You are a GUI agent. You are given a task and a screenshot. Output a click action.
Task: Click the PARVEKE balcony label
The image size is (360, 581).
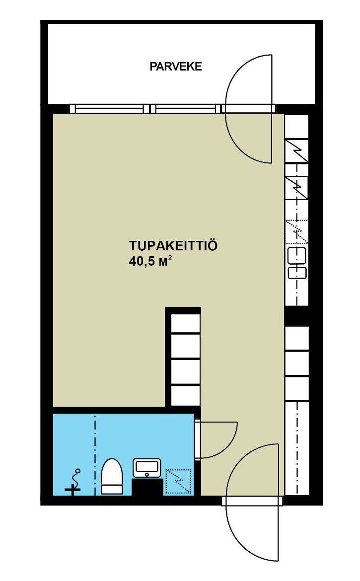point(176,67)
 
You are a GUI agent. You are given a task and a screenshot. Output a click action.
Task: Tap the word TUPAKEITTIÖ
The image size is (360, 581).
point(173,246)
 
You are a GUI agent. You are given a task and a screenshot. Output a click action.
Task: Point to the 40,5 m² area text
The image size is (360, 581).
point(150,261)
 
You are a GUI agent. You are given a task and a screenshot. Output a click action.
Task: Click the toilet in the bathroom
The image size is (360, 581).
point(112,477)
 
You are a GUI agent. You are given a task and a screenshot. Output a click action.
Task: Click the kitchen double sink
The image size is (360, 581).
point(297,263)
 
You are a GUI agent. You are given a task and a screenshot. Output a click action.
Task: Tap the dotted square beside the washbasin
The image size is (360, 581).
point(178,481)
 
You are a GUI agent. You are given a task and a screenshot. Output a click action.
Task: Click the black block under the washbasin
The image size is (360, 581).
point(147,487)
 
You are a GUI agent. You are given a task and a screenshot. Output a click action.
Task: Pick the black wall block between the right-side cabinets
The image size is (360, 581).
point(296,316)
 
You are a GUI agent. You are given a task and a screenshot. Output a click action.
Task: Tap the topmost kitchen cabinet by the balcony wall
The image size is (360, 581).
point(296,127)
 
